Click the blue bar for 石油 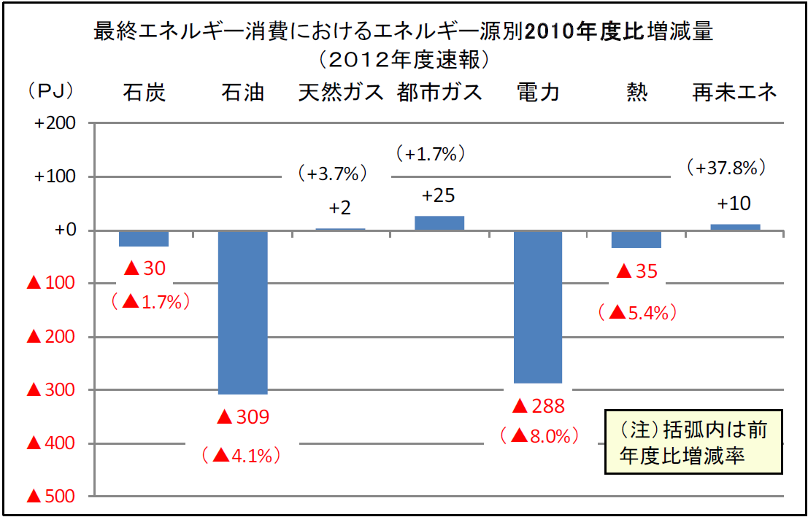click(x=244, y=312)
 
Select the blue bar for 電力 click(x=538, y=306)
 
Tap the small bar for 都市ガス click(x=439, y=223)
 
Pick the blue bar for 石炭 click(x=144, y=238)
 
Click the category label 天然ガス click(x=341, y=93)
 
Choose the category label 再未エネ click(x=734, y=93)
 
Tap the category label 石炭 click(x=145, y=93)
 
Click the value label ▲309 click(x=244, y=417)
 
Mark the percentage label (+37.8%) click(x=726, y=168)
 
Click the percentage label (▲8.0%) click(x=539, y=436)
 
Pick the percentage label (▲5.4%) click(x=636, y=313)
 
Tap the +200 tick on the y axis click(x=55, y=123)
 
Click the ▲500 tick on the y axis click(x=50, y=497)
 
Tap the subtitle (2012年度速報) click(x=404, y=58)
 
